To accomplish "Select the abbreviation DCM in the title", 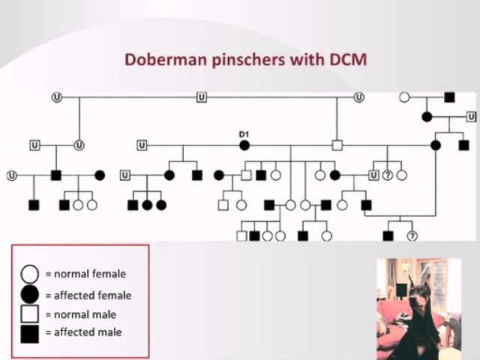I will point(346,58).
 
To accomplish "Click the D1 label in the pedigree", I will point(244,134).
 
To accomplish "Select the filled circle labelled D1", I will point(244,145).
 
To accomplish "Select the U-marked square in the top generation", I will point(201,97).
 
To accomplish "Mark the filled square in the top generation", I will point(449,97).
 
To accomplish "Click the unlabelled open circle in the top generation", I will point(404,97).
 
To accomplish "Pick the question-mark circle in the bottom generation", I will point(412,235).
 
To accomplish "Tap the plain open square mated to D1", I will point(337,145).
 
